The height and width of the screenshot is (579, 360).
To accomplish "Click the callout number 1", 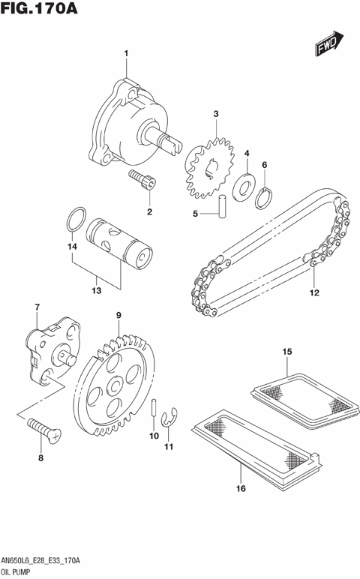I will [x=126, y=52].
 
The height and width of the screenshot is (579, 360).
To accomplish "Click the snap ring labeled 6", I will [x=264, y=198].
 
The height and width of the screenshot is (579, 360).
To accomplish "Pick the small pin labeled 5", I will [x=223, y=206].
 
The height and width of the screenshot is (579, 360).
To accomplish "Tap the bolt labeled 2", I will [x=143, y=180].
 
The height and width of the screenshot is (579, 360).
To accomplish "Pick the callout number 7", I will [x=36, y=307].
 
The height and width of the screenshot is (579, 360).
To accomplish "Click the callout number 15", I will [x=286, y=351].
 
